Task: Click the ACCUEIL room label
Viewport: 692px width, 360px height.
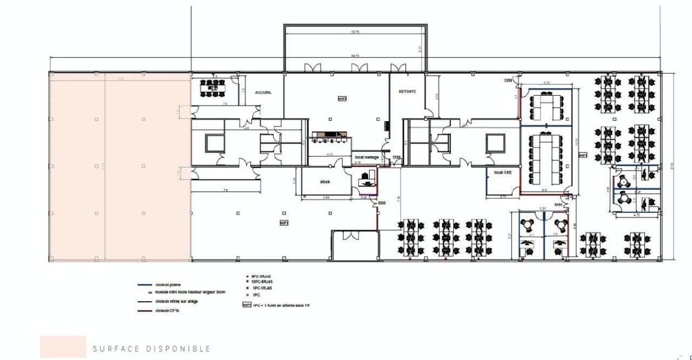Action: click(263, 92)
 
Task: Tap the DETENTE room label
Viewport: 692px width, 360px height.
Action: click(407, 91)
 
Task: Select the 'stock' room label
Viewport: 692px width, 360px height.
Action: click(325, 182)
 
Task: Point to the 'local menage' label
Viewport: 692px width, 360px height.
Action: click(367, 157)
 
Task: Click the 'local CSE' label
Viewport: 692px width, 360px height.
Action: click(502, 172)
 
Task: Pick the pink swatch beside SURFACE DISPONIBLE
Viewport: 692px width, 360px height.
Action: click(63, 346)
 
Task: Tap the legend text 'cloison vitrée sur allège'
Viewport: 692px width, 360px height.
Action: click(176, 301)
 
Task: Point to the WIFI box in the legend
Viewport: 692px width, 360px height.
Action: click(246, 305)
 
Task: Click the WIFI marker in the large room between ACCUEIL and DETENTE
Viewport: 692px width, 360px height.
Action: click(342, 99)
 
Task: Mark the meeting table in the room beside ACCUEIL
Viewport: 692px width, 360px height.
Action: click(212, 88)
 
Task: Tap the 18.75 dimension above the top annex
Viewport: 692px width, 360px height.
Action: click(355, 32)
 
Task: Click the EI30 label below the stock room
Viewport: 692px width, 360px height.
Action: click(382, 203)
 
